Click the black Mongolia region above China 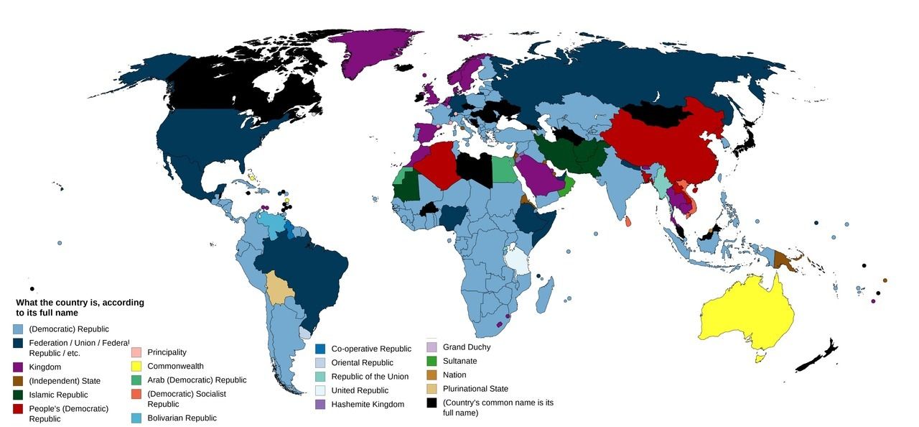653,115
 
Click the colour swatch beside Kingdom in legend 18,367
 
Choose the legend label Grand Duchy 467,347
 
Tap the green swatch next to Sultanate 431,361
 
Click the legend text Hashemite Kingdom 368,404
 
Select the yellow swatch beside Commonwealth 136,366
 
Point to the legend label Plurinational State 475,389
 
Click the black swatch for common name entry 431,403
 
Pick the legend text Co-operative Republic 371,349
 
